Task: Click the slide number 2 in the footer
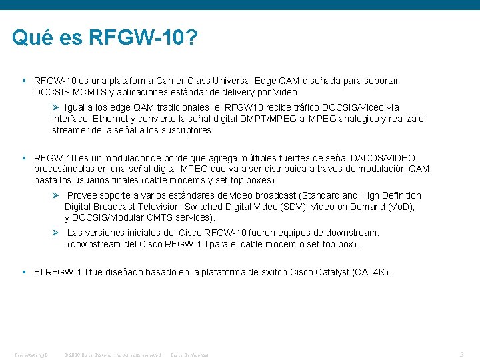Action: click(x=461, y=354)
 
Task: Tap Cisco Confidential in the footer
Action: click(x=190, y=355)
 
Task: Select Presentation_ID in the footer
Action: click(x=31, y=355)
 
